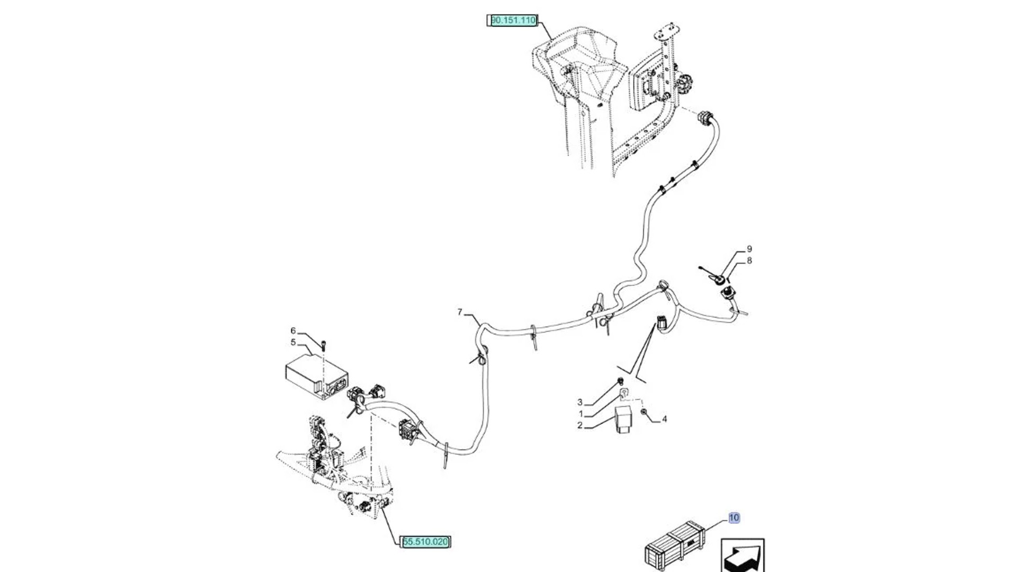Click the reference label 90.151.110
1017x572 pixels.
pyautogui.click(x=513, y=21)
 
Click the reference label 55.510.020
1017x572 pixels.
pyautogui.click(x=425, y=542)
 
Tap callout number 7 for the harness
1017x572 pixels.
pyautogui.click(x=460, y=312)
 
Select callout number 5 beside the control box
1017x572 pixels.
pyautogui.click(x=293, y=342)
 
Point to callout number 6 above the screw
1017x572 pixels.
pyautogui.click(x=293, y=330)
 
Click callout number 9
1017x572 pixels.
pyautogui.click(x=749, y=248)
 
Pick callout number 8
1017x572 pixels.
pyautogui.click(x=749, y=260)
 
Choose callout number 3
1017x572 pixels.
pyautogui.click(x=580, y=403)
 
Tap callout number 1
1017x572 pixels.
pyautogui.click(x=581, y=414)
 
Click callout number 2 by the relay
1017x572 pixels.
pyautogui.click(x=580, y=425)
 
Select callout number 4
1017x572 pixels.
pyautogui.click(x=664, y=419)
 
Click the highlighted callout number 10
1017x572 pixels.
pyautogui.click(x=734, y=517)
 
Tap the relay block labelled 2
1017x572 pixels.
pyautogui.click(x=622, y=420)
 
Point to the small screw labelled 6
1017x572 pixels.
pyautogui.click(x=323, y=345)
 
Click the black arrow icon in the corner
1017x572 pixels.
pyautogui.click(x=742, y=556)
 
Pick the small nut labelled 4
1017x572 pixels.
pyautogui.click(x=644, y=412)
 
